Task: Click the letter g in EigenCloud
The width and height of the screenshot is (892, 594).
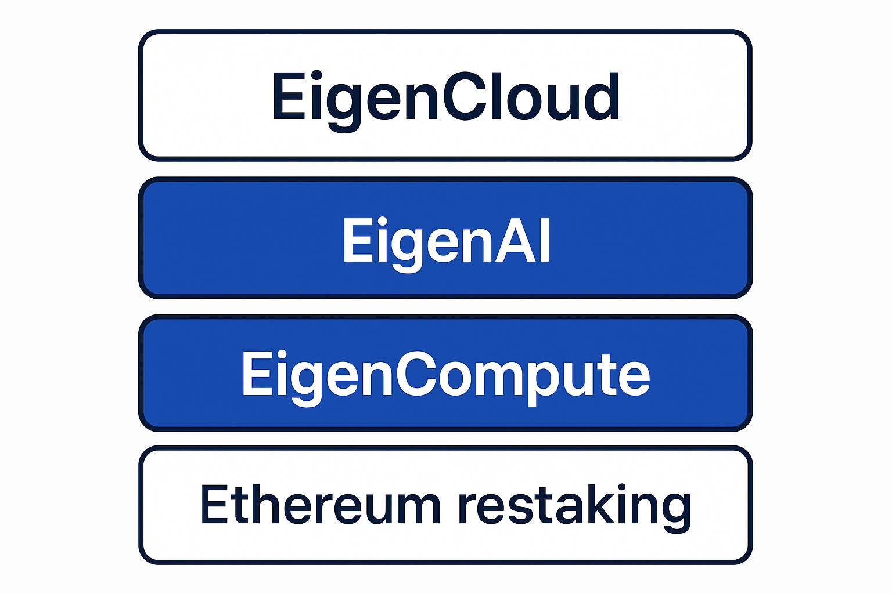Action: pos(343,104)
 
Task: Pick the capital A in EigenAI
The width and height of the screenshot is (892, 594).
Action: pos(516,240)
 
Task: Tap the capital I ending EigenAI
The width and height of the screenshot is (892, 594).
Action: pos(544,240)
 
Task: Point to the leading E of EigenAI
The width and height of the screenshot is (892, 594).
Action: pos(357,240)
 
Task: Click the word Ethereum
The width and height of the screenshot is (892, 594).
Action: pos(320,505)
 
